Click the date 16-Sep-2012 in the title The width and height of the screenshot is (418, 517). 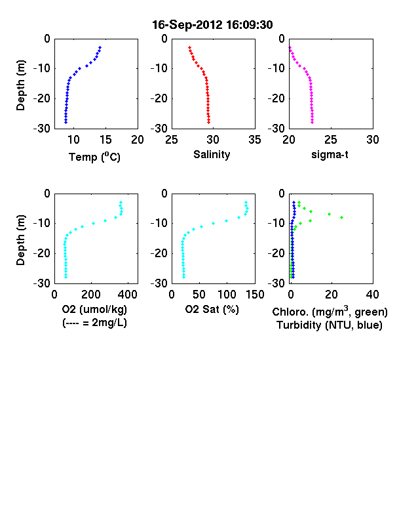tap(187, 25)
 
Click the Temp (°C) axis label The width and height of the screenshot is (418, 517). tap(94, 157)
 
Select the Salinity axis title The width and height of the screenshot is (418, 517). tap(212, 154)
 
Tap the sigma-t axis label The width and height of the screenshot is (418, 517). tap(330, 154)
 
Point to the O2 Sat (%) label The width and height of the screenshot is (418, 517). tap(212, 309)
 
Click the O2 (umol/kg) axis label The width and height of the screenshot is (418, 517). tap(94, 309)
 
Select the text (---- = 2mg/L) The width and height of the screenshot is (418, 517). tap(94, 322)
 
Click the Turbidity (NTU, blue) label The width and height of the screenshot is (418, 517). tap(330, 325)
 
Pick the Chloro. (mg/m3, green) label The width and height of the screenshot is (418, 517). tap(330, 312)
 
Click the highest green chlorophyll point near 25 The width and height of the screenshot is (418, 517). tap(341, 217)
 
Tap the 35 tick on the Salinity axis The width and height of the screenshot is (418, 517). tap(255, 140)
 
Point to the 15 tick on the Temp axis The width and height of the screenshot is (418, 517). tap(105, 140)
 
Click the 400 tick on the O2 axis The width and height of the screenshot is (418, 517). tap(128, 295)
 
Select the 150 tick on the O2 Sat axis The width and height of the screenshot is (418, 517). tap(255, 295)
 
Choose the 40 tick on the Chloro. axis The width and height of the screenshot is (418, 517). tap(372, 295)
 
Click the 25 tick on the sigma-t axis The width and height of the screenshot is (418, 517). tap(331, 140)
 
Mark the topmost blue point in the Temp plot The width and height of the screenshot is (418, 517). tap(100, 47)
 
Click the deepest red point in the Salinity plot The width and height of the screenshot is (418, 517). tap(208, 122)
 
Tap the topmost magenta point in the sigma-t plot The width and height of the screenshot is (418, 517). tap(290, 47)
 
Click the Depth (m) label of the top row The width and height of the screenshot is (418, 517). tap(20, 85)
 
